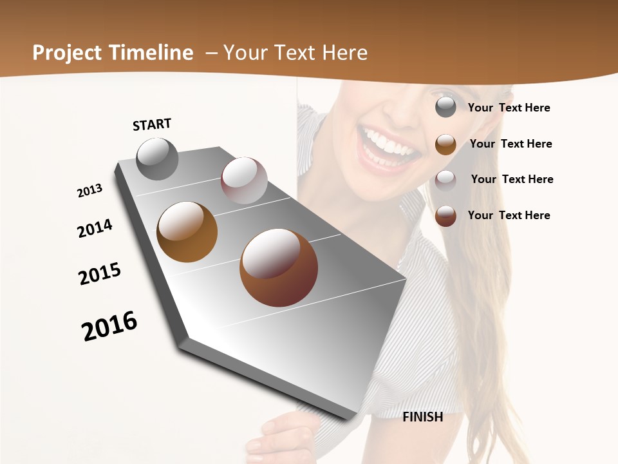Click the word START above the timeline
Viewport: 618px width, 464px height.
pos(152,124)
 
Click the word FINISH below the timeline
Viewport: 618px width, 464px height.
pos(423,417)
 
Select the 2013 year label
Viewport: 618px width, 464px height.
pos(89,191)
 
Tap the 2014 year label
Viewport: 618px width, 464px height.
pos(95,228)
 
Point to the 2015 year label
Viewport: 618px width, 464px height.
pos(100,274)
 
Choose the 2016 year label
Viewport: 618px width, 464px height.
pos(109,326)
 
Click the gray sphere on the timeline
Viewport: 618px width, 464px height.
pos(158,159)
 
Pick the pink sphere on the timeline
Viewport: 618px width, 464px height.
pos(244,180)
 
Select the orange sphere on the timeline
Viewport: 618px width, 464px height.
pos(187,232)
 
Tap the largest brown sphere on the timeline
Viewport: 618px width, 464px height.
pos(279,267)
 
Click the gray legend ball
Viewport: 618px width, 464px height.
pos(445,108)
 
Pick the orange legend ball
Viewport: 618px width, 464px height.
pos(445,144)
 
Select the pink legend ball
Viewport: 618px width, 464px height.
pos(445,180)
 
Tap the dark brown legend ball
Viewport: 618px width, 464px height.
pos(445,216)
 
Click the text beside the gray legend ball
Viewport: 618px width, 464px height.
pos(509,108)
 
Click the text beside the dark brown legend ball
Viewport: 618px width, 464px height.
pos(509,215)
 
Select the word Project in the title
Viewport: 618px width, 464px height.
pos(66,53)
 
